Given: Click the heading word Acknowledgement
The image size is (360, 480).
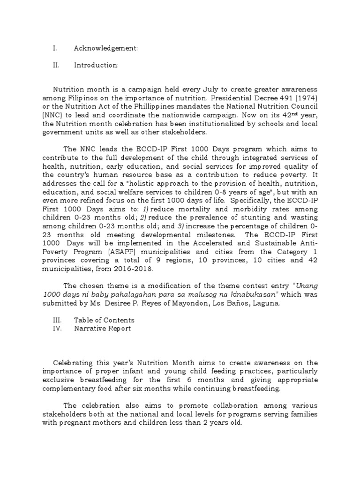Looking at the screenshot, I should (x=105, y=48).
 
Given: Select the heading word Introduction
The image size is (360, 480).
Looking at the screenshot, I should (x=96, y=65).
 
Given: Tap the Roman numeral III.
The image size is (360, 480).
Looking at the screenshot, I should (x=57, y=320).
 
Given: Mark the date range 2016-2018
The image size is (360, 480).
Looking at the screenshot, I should (x=136, y=270).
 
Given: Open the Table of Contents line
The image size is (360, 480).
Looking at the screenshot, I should (x=104, y=320).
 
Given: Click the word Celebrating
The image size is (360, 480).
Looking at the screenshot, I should (x=75, y=363).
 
